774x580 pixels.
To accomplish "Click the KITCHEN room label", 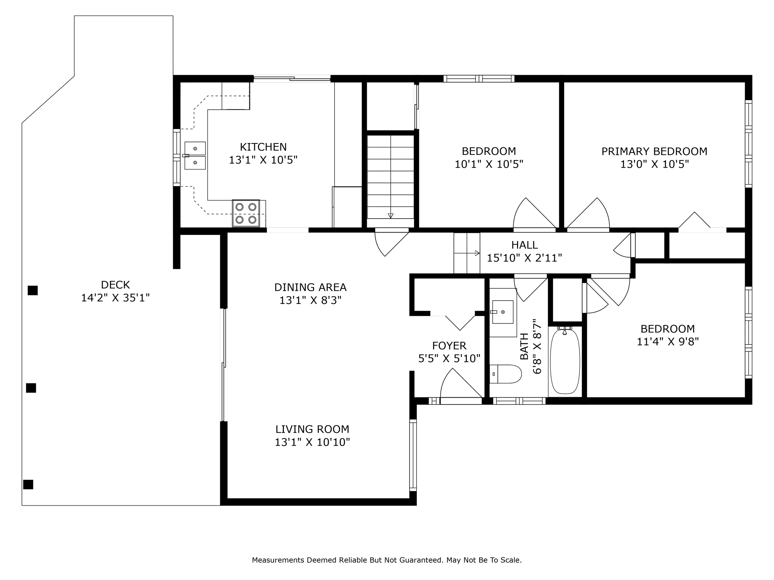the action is pos(263,147).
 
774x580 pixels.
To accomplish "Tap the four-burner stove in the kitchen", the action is pos(246,213).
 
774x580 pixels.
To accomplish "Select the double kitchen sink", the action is pos(195,156).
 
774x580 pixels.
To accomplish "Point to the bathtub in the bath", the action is pos(565,361).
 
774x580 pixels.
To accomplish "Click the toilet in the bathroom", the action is pos(506,374).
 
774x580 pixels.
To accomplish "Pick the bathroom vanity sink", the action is pos(503,312).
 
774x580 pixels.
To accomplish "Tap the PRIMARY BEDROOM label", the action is pos(654,151).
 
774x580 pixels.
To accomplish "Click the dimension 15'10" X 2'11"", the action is pos(524,258).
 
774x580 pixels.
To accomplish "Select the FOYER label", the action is pos(449,346).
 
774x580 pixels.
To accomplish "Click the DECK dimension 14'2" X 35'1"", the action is pos(115,298).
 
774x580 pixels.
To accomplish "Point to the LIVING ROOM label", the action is pos(312,429).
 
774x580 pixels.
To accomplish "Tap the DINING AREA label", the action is pos(310,287).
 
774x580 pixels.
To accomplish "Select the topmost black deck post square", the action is pos(33,290).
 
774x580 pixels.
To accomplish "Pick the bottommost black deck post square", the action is pos(28,484).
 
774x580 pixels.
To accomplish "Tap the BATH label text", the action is pos(524,346).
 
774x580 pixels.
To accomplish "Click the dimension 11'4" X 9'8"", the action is pos(668,342).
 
